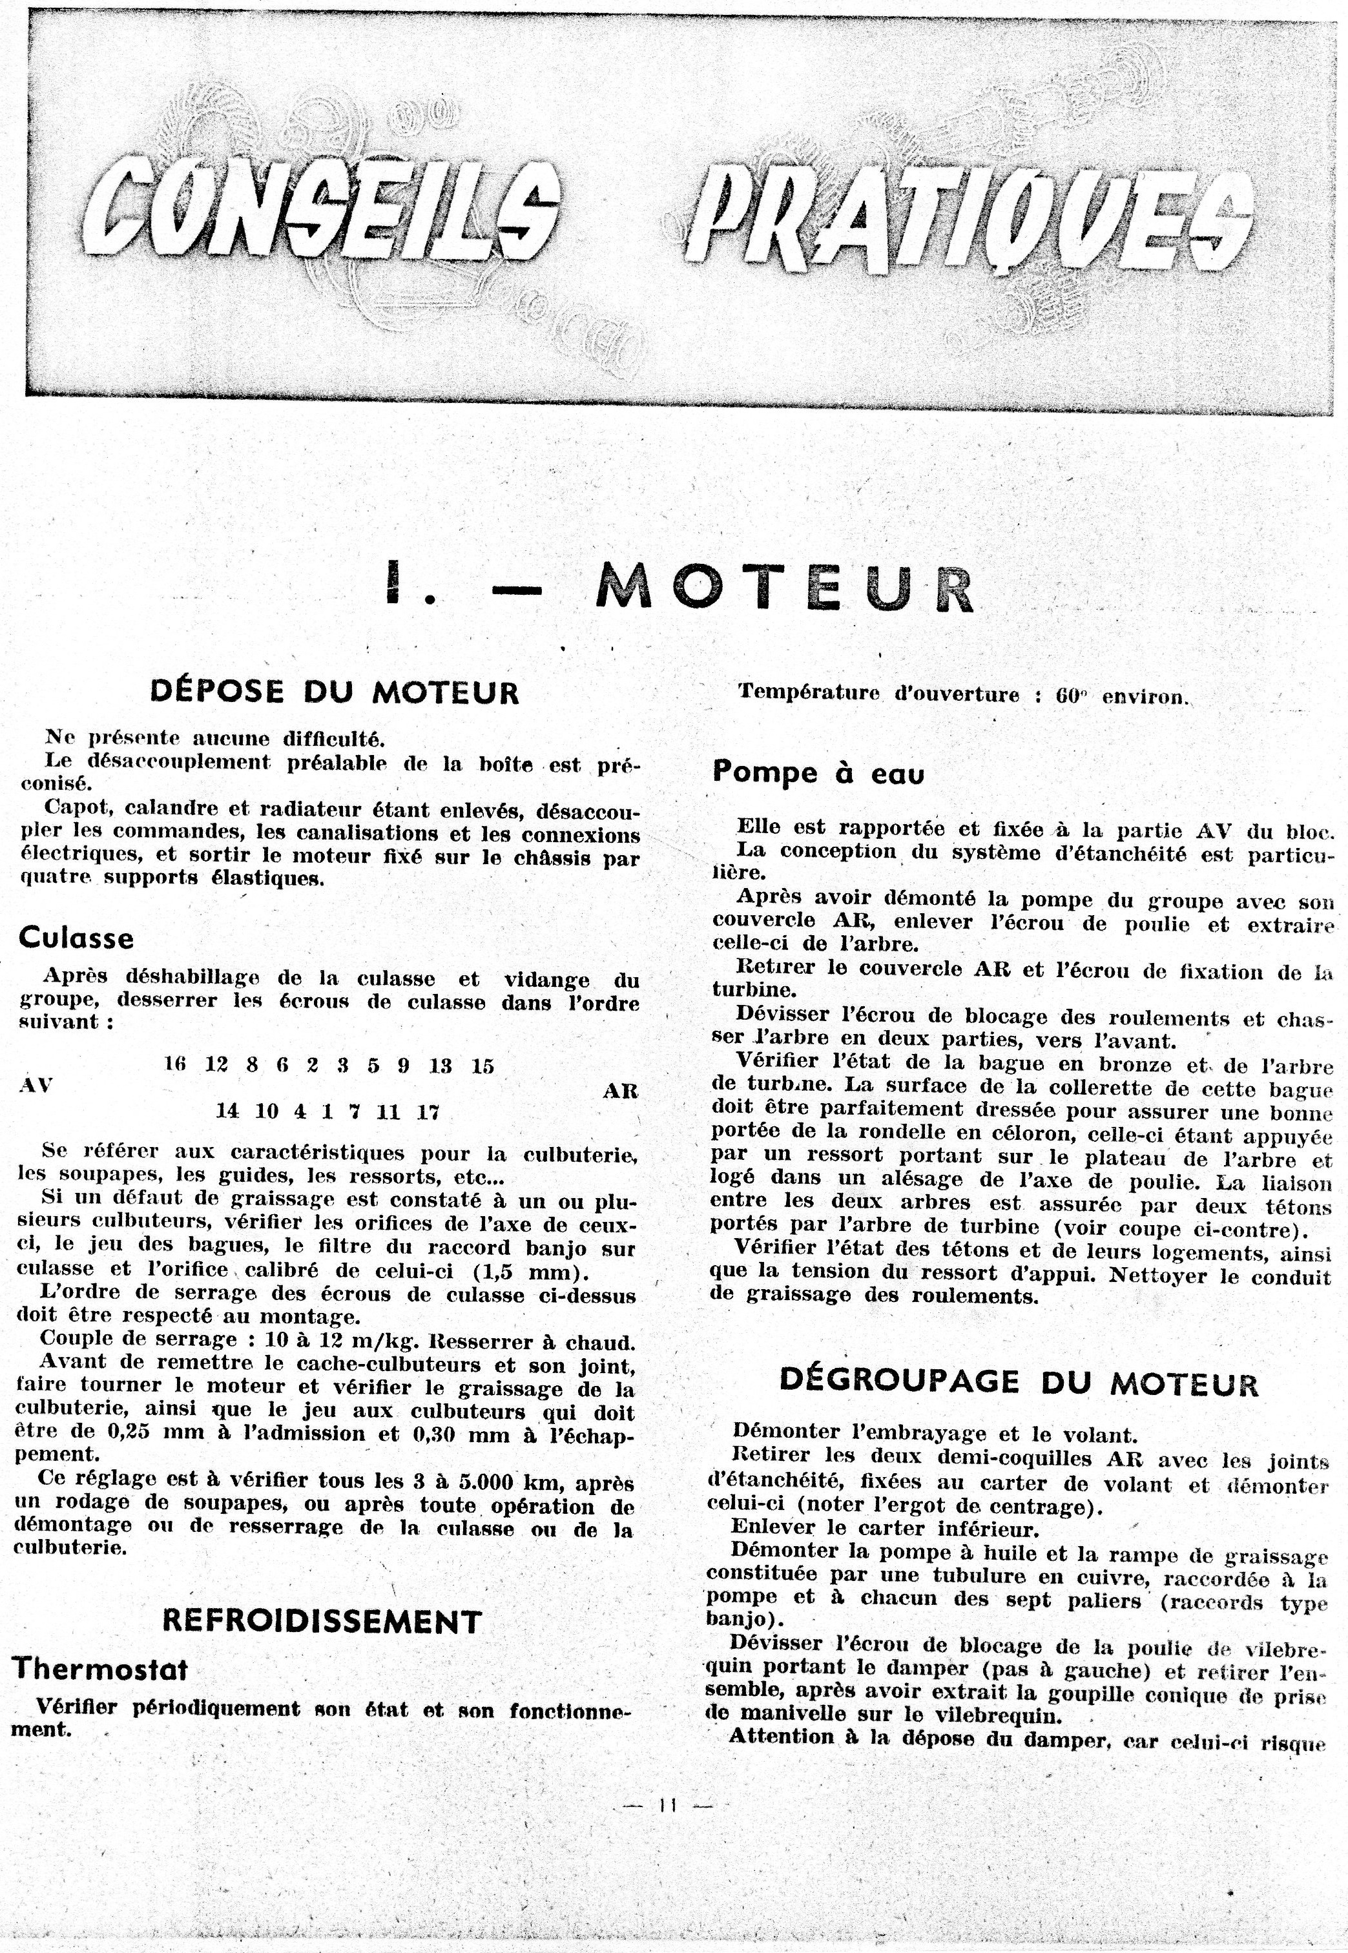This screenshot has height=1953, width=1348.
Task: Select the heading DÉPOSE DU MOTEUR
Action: (335, 692)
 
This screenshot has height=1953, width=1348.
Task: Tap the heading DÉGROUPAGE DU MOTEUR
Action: (1018, 1381)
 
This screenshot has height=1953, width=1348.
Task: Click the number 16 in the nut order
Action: (175, 1065)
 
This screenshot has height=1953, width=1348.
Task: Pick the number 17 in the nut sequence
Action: (428, 1112)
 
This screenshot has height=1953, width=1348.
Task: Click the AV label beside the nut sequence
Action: (35, 1086)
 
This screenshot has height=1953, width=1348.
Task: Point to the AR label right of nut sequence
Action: (619, 1091)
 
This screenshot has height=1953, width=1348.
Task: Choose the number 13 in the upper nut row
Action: (440, 1066)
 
